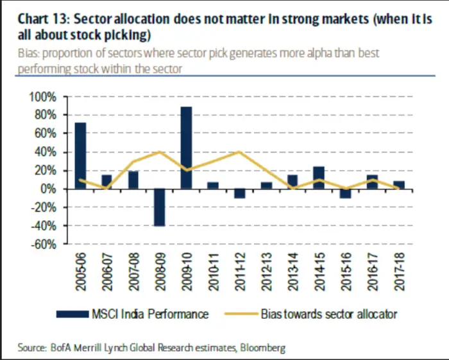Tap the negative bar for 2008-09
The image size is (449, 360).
click(x=160, y=207)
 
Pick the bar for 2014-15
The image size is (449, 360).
click(x=319, y=178)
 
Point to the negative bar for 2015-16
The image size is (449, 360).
click(x=346, y=194)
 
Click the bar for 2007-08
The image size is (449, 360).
click(x=133, y=180)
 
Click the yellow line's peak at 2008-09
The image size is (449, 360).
click(x=160, y=152)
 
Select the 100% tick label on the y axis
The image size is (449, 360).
click(x=43, y=97)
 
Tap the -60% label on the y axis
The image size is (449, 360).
click(x=43, y=244)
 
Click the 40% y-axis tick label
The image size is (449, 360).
click(x=46, y=152)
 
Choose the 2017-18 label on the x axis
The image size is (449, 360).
click(x=399, y=271)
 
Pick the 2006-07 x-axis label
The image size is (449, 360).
click(x=107, y=271)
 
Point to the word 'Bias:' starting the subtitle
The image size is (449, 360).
click(x=30, y=53)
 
